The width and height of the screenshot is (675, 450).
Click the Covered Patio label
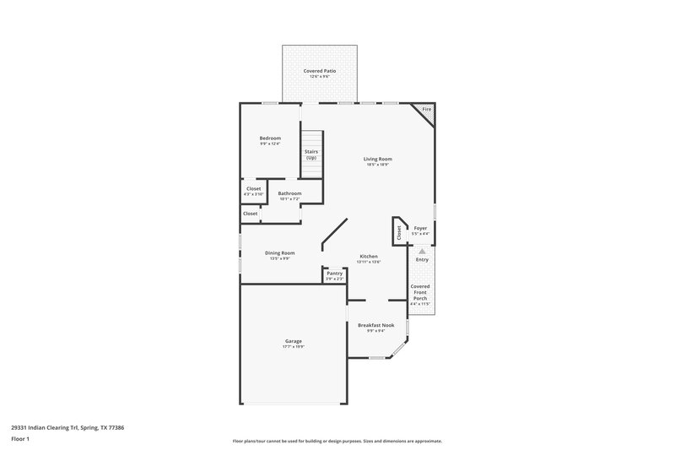[x=320, y=71]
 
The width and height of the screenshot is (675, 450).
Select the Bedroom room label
[x=270, y=138]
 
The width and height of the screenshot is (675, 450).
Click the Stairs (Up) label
[x=311, y=155]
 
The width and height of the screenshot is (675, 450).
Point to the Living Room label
[x=377, y=159]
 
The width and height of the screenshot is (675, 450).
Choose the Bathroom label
[x=289, y=193]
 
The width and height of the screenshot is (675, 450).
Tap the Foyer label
[x=420, y=229]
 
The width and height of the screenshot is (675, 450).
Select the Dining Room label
[x=280, y=252]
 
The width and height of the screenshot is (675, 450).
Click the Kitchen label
[x=369, y=256]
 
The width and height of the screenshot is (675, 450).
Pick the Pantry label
[x=335, y=273]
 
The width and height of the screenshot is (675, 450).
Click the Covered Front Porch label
[x=420, y=291]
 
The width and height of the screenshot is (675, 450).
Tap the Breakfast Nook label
[x=376, y=325]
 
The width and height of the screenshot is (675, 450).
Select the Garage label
[x=293, y=341]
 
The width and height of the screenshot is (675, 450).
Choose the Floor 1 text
[x=21, y=440]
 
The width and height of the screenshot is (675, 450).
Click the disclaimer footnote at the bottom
[x=337, y=441]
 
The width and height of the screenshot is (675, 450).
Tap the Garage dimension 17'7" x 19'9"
[x=293, y=347]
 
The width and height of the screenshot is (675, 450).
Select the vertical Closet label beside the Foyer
[x=399, y=232]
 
